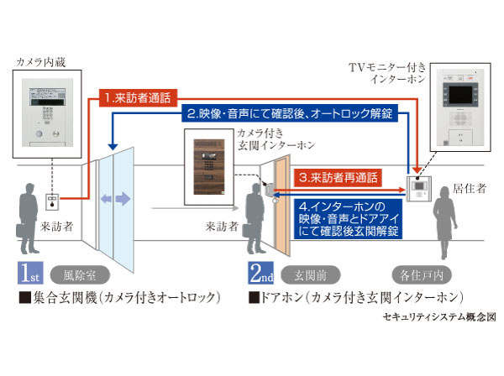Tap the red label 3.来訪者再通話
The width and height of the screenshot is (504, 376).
coord(336,178)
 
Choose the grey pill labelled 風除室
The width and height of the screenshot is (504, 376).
coord(81,274)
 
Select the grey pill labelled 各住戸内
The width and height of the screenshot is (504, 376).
coord(421,274)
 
